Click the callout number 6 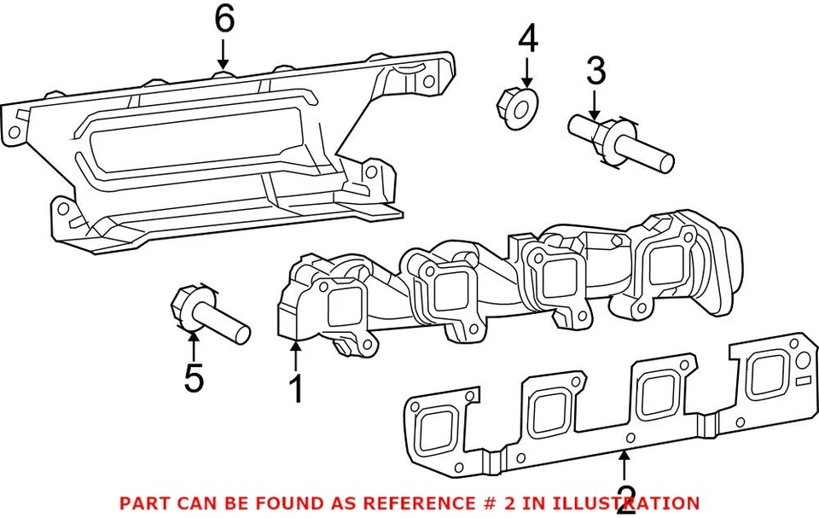click(224, 19)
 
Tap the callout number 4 click(528, 38)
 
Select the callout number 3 click(595, 72)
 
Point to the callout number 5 click(194, 378)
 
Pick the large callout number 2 click(625, 497)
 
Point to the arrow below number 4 click(527, 72)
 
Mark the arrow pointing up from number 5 click(194, 346)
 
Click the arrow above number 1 click(295, 356)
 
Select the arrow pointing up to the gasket click(625, 465)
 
